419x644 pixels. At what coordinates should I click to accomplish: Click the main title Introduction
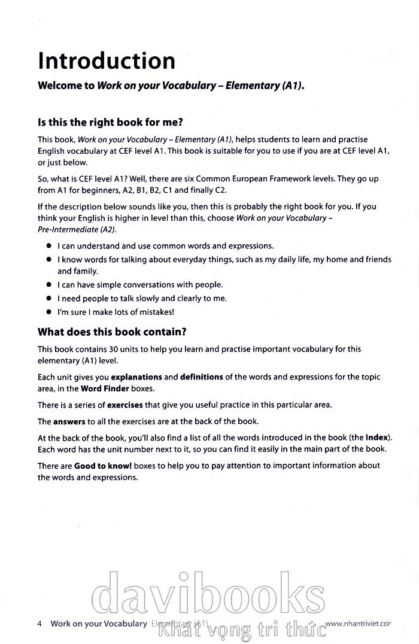tap(107, 61)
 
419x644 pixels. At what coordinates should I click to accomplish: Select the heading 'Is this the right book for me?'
tap(110, 124)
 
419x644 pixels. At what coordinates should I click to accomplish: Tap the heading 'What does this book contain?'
tap(112, 331)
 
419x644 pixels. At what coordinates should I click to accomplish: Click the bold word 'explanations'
tap(136, 377)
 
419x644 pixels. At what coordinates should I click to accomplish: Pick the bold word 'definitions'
tap(202, 377)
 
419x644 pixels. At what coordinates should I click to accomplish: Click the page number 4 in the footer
tap(40, 623)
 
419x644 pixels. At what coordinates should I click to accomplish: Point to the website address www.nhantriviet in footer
tap(358, 623)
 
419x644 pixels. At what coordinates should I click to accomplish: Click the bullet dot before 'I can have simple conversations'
tap(48, 285)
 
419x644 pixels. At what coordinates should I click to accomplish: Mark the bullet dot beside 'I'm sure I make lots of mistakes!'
tap(48, 312)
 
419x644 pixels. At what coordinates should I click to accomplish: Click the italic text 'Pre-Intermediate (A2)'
tap(77, 229)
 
